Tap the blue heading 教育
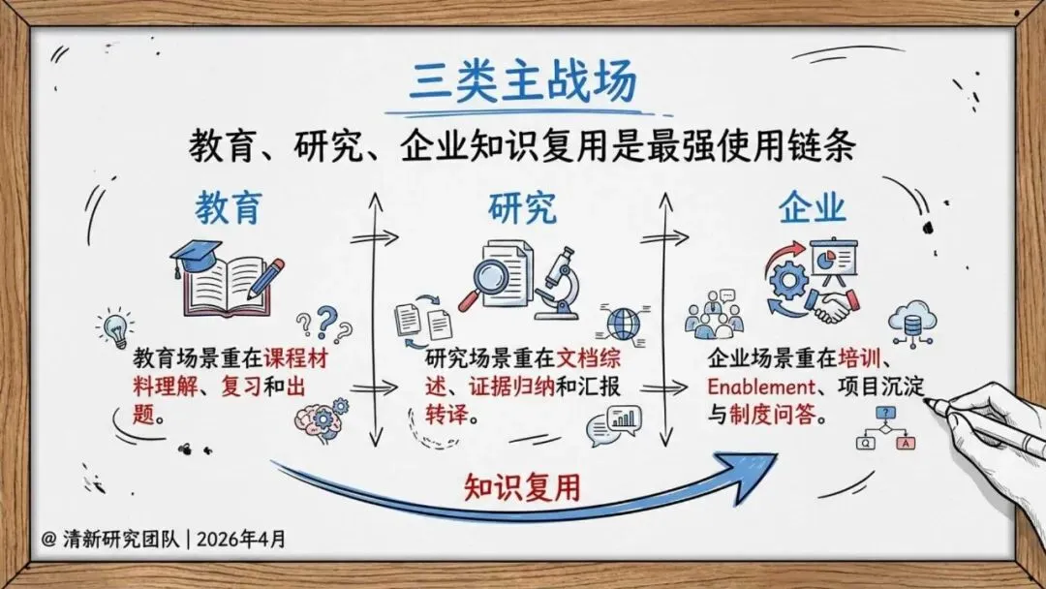(229, 206)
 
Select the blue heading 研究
(522, 206)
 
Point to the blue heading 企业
(813, 206)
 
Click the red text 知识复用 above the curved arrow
(522, 485)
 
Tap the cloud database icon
(910, 324)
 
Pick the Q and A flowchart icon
(884, 431)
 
